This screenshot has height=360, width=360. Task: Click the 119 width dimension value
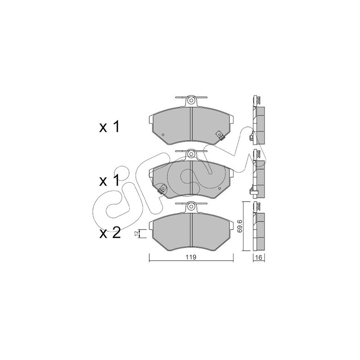[191, 257]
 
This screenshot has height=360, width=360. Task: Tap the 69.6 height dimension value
[240, 226]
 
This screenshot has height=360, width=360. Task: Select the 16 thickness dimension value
[258, 257]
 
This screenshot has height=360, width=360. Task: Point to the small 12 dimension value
[136, 233]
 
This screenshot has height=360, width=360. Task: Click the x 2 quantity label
[110, 233]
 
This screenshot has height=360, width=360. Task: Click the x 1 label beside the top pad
[109, 127]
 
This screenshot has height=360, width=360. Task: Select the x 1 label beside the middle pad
[109, 180]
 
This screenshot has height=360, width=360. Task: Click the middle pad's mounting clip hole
[191, 153]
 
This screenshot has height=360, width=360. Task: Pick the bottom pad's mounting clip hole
[191, 207]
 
